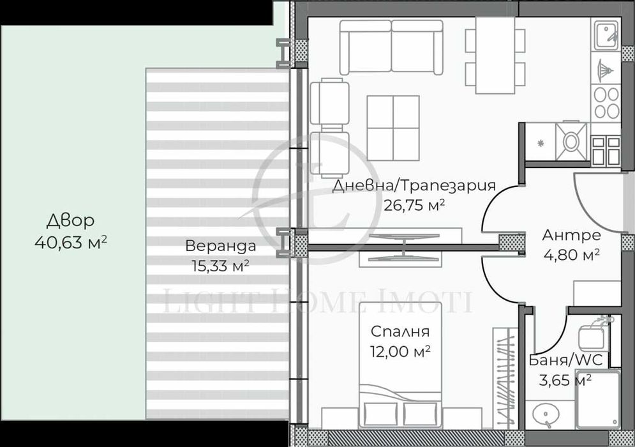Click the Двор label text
click(x=70, y=221)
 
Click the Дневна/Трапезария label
click(x=414, y=186)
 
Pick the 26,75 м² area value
click(x=414, y=205)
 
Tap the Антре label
click(x=571, y=235)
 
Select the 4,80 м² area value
click(x=571, y=255)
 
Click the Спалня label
click(x=400, y=332)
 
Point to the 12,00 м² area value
click(x=400, y=351)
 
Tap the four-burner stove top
click(x=606, y=102)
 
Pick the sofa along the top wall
click(x=391, y=46)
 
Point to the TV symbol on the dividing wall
click(x=400, y=246)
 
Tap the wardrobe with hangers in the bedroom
click(x=505, y=377)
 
